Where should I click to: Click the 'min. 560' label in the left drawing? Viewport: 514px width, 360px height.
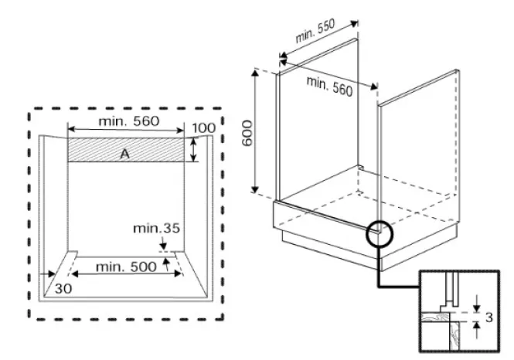point(128,121)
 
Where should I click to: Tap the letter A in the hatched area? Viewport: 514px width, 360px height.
point(124,155)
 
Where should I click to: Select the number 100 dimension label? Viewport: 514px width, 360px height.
point(204,128)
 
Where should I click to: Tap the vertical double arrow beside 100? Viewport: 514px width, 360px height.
point(193,149)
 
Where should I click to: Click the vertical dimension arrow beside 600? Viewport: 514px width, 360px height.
point(254,130)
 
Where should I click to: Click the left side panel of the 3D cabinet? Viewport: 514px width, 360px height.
point(317,116)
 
